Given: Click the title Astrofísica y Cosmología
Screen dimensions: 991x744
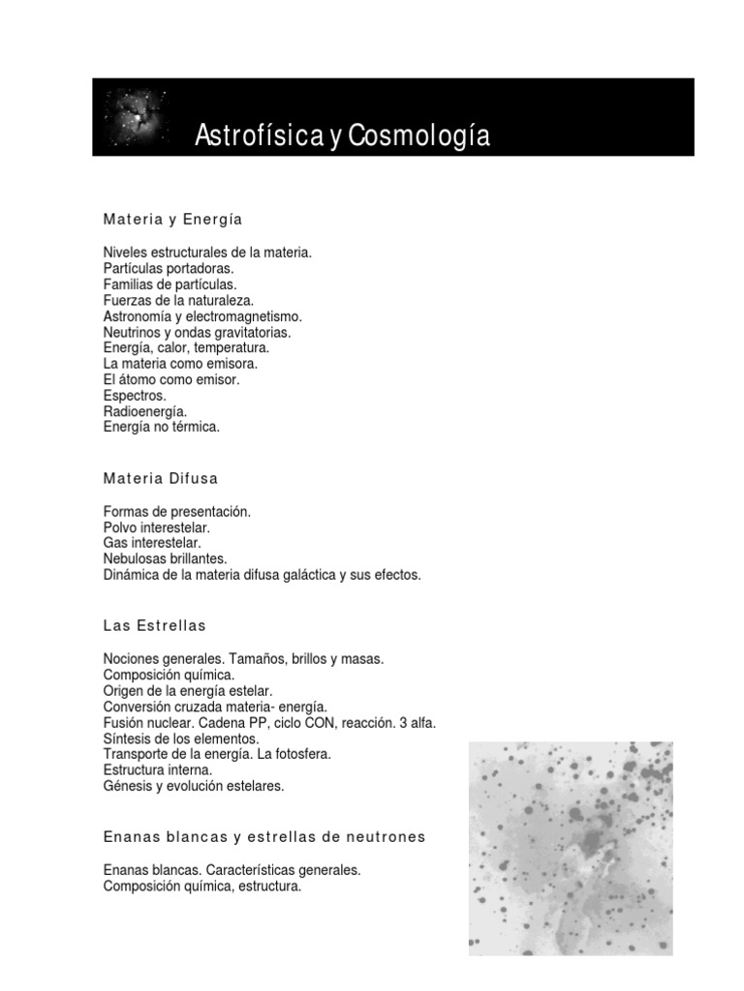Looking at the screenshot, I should [x=343, y=135].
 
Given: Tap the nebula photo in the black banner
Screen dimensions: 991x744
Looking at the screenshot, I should [x=137, y=119].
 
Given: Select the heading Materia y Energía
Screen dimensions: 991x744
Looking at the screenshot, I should [x=172, y=220].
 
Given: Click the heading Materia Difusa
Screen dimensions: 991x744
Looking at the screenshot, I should [x=161, y=478].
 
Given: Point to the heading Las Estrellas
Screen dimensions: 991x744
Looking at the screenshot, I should [x=155, y=626].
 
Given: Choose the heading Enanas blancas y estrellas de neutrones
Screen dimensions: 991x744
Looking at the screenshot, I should [x=264, y=836].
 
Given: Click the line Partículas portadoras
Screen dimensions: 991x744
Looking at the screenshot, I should [x=169, y=268].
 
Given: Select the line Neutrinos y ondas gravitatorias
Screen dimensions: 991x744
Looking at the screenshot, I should [x=197, y=332].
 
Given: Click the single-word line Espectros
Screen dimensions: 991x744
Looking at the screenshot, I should [x=135, y=395].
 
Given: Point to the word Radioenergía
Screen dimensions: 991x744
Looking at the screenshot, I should [x=145, y=411].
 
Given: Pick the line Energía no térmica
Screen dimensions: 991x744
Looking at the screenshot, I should [x=162, y=427].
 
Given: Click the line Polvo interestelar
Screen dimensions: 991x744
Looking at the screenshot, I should [x=157, y=527].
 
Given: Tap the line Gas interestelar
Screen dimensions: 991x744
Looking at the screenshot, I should [x=152, y=543].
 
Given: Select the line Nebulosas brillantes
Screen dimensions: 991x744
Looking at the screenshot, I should [x=165, y=558].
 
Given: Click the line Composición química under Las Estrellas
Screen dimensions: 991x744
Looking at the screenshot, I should [x=170, y=675].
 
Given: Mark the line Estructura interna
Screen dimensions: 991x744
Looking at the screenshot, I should [x=158, y=770].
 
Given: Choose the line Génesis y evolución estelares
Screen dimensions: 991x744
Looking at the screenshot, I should [x=194, y=786].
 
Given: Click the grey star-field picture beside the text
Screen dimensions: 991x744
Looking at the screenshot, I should [x=571, y=848].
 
